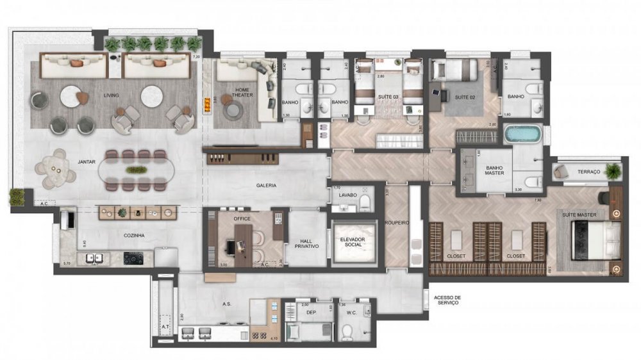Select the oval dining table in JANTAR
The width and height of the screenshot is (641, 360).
[x=135, y=170]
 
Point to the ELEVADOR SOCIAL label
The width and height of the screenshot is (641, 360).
[x=351, y=242]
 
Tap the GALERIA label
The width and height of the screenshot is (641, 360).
[x=265, y=185]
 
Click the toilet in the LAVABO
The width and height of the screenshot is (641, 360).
[x=365, y=204]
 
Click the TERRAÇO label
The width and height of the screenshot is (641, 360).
[x=588, y=172]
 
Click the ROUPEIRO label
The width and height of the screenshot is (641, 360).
[x=397, y=223]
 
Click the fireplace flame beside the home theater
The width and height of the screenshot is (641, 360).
[x=206, y=104]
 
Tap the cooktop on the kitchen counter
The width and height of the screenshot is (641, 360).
[x=133, y=259]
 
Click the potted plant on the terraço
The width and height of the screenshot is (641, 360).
[x=613, y=170]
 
